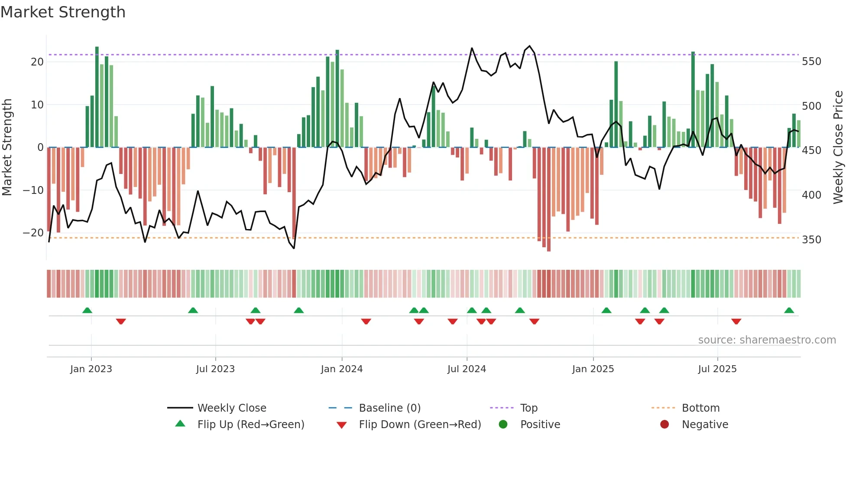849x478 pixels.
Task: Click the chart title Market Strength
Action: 63,12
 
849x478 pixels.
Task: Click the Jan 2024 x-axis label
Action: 342,369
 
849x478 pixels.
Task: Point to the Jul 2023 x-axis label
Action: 215,369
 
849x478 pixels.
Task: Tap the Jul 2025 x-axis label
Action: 717,369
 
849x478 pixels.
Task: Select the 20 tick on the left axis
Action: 37,62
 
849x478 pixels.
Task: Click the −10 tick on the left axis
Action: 33,190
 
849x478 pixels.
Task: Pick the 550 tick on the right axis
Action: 811,62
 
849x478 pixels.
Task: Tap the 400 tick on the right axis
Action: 811,195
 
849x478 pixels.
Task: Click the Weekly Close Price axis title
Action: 838,147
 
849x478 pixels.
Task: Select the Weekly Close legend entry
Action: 232,408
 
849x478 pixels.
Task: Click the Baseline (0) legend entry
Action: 389,408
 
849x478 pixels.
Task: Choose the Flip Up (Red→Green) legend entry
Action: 251,425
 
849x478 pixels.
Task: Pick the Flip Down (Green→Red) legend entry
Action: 420,425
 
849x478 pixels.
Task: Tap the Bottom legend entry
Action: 700,408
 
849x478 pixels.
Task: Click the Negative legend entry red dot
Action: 664,425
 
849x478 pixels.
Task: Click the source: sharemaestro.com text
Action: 767,340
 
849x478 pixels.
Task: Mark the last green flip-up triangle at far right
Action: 789,311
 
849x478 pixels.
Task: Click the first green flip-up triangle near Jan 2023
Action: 87,311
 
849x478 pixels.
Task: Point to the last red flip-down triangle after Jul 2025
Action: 736,321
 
